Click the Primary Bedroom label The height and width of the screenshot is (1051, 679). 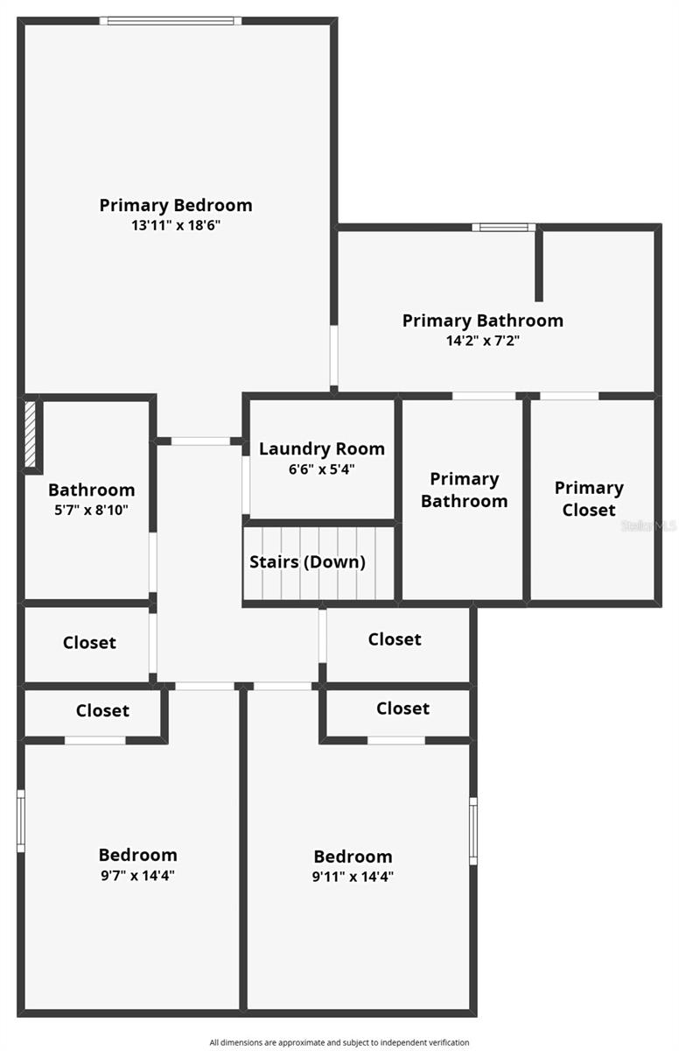[176, 205]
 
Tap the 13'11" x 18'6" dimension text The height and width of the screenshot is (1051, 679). [176, 225]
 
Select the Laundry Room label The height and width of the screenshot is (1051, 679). [321, 448]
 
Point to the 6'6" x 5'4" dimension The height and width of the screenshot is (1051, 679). [321, 469]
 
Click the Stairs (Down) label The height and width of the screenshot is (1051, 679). [308, 562]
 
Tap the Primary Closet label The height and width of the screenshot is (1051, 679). [589, 498]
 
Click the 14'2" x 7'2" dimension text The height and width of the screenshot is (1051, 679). [483, 341]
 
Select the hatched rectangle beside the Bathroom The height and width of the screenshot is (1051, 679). [31, 434]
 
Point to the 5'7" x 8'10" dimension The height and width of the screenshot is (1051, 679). [91, 510]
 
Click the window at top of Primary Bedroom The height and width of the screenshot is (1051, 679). [171, 20]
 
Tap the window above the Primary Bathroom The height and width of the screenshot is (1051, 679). [503, 228]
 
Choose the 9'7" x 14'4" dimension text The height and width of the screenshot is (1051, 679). [137, 875]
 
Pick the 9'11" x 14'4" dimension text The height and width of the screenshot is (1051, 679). [353, 877]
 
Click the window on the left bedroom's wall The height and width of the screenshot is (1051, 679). [21, 821]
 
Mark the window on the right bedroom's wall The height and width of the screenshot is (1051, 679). [473, 830]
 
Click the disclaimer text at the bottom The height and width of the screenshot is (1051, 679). [339, 1042]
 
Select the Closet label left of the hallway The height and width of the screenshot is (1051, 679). [89, 642]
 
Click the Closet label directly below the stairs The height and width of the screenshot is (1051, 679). [395, 639]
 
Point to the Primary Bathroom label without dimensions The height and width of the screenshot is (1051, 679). [464, 490]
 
